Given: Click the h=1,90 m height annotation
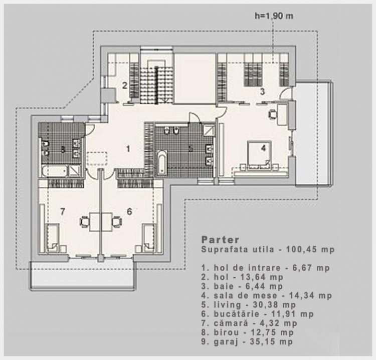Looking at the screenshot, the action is click(274, 16).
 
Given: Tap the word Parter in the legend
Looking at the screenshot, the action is click(221, 239).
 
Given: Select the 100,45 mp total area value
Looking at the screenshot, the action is click(310, 249).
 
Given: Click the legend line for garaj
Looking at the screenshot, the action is click(247, 341).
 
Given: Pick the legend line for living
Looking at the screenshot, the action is click(249, 304).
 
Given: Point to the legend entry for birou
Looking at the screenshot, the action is click(248, 332).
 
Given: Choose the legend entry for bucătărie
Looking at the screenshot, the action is click(258, 314).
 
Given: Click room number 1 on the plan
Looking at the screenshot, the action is click(128, 149).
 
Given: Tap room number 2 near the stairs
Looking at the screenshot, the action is click(124, 85).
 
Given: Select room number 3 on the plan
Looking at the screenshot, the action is click(262, 91).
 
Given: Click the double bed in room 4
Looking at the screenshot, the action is click(260, 154).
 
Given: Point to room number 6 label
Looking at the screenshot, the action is click(129, 211).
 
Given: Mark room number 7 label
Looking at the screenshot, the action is click(62, 211).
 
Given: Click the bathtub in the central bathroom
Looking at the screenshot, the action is click(162, 162).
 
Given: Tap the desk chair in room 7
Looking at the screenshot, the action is click(84, 221).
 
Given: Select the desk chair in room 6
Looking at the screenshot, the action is click(117, 221).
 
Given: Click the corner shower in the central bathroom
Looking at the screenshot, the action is click(208, 130).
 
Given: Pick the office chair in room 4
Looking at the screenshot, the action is click(272, 114).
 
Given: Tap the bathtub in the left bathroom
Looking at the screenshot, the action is click(55, 171).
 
